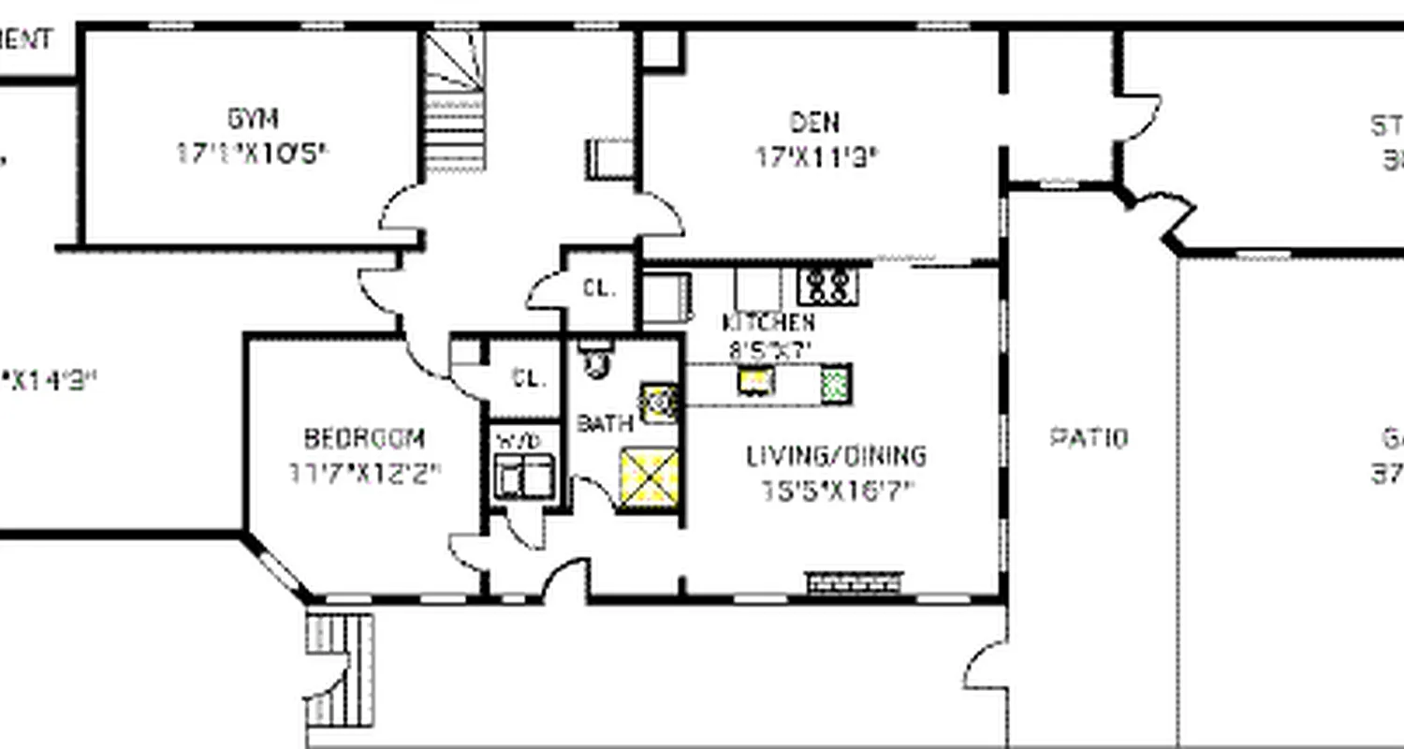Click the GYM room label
point(253,119)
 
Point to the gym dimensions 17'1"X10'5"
point(253,153)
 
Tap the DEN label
point(814,122)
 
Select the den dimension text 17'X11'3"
point(816,156)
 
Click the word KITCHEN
point(768,323)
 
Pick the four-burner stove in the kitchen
point(827,286)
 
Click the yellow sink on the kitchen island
point(753,380)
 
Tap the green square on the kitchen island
point(835,384)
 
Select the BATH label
point(605,423)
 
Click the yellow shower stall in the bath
point(649,478)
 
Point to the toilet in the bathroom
point(594,360)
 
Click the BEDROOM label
point(364,438)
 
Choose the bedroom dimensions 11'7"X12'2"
point(364,473)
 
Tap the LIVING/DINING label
point(836,456)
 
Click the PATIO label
point(1089,437)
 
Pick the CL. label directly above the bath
point(599,288)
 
